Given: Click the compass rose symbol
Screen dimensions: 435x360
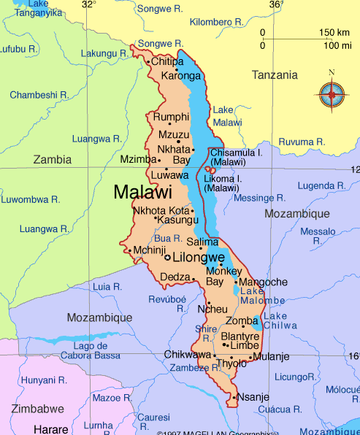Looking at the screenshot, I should click(332, 93).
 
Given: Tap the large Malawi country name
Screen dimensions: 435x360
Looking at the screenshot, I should click(143, 193).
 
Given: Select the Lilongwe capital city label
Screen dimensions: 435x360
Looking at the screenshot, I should click(198, 258).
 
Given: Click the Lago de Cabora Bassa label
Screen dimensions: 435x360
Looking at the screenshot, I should click(96, 350).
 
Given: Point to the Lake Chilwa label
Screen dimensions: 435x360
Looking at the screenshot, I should click(275, 320).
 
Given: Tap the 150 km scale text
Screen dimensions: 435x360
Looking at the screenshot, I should click(334, 33).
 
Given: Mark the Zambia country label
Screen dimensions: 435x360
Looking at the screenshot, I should click(53, 159).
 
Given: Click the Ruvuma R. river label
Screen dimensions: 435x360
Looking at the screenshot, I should click(302, 141).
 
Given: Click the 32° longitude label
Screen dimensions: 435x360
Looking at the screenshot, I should click(88, 4).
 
